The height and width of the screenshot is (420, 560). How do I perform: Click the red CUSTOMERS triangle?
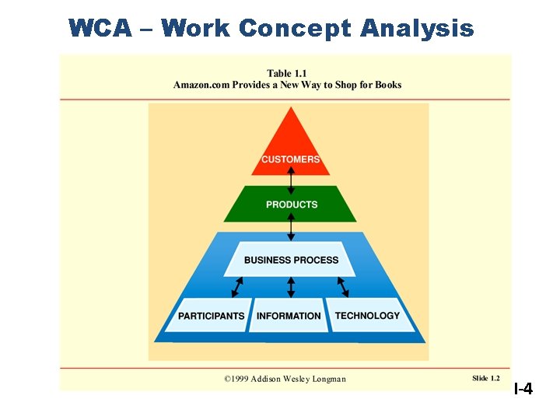click(291, 148)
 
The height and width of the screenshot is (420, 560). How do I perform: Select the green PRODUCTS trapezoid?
click(291, 204)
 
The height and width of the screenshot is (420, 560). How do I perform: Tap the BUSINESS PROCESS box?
click(291, 259)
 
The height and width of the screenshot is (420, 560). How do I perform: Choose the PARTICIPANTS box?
click(211, 315)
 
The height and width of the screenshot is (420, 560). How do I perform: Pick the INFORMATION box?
click(289, 315)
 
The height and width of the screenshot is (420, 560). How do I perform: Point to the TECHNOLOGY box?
click(367, 315)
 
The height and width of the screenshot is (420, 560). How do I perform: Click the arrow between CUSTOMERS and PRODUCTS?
click(291, 180)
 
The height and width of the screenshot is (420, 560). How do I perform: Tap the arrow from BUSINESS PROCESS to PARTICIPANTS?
click(236, 288)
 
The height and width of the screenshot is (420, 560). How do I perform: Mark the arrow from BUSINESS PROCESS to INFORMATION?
click(291, 288)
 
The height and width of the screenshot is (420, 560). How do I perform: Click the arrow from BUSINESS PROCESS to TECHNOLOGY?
click(343, 287)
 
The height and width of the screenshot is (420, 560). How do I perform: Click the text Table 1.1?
click(287, 73)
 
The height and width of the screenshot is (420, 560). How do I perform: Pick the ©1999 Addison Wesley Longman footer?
click(285, 379)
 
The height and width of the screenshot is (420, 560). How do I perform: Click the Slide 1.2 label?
click(485, 378)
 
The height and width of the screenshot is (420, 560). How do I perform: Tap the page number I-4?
click(523, 388)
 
